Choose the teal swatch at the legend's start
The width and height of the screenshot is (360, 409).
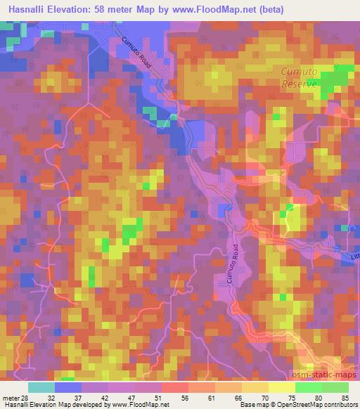[x=41, y=387]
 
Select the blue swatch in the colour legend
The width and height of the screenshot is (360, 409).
[x=68, y=387]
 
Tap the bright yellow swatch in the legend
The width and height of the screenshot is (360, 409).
[x=281, y=387]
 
